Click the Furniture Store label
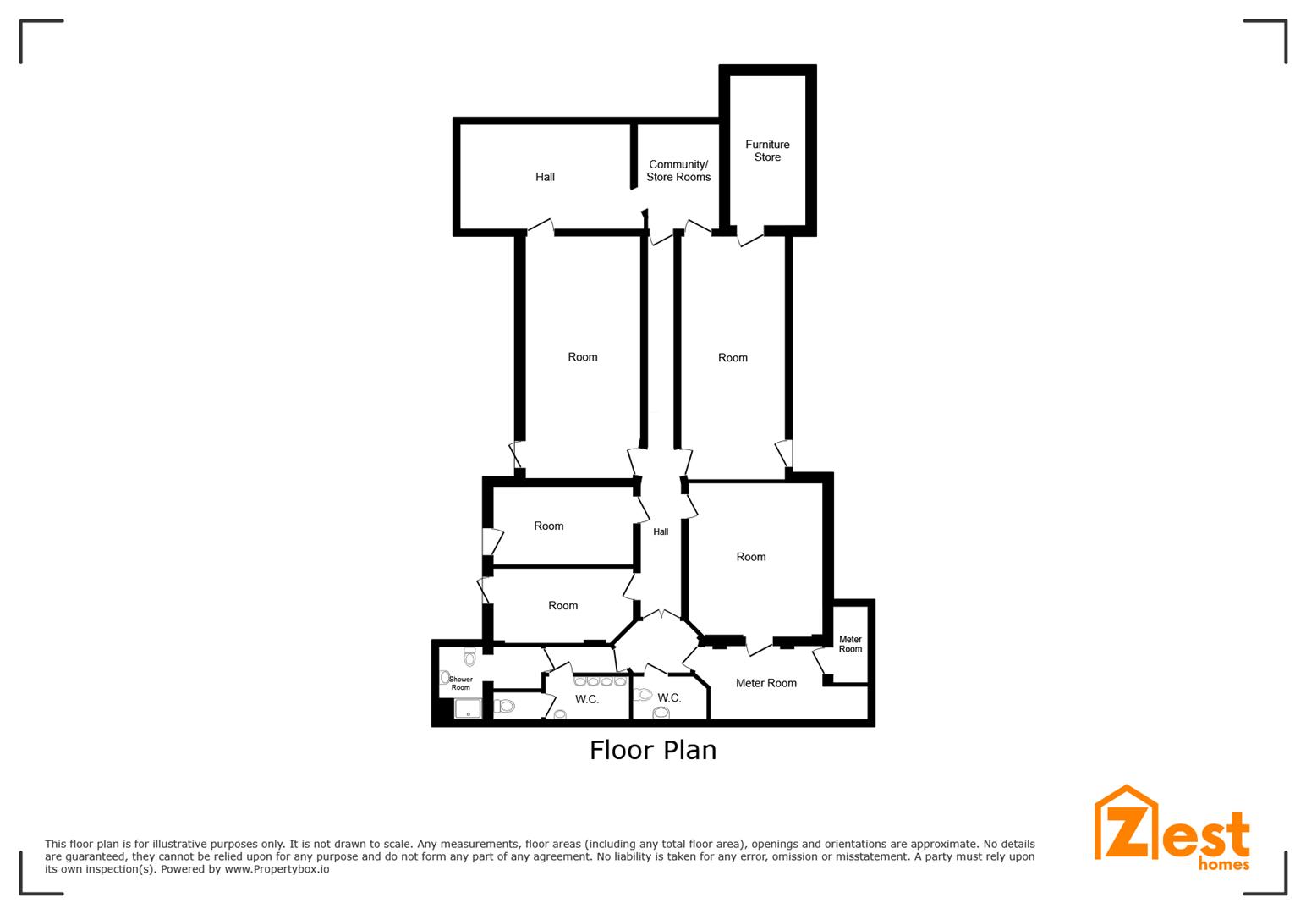coord(767,151)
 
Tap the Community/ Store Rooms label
coord(678,171)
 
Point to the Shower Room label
coord(460,683)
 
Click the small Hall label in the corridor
coord(661,531)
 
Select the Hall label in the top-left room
coord(545,177)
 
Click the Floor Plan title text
coord(653,750)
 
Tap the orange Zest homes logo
coord(1172,829)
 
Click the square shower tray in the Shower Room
coord(468,708)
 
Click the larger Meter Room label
coord(765,683)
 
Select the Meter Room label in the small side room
coord(850,644)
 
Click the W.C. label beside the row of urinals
coord(586,699)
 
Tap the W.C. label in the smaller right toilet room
coord(669,697)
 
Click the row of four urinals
coord(600,681)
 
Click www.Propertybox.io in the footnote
coord(277,869)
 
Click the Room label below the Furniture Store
coord(733,357)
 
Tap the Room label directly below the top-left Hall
coord(583,357)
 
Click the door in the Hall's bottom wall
coord(541,227)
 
